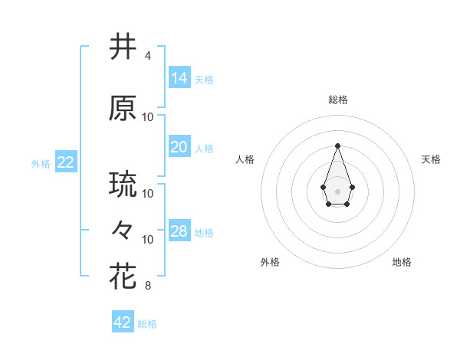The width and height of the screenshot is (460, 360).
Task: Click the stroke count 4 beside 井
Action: [x=147, y=57]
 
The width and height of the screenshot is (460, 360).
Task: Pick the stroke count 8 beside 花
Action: [x=147, y=286]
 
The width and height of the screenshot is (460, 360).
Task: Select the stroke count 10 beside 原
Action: [x=148, y=117]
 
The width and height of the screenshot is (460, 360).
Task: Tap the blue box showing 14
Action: [x=179, y=78]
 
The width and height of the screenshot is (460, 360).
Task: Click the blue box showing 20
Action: [x=179, y=147]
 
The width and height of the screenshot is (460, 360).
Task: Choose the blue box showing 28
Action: [x=179, y=231]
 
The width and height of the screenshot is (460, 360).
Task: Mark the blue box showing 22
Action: [x=65, y=162]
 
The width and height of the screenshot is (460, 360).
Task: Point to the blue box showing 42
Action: [x=123, y=322]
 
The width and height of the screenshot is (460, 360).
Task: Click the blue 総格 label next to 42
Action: [x=148, y=324]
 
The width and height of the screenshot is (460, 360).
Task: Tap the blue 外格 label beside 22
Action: [x=41, y=164]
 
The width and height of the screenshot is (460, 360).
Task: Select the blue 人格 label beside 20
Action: [x=204, y=149]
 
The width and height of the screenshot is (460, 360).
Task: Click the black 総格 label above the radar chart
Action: [x=338, y=100]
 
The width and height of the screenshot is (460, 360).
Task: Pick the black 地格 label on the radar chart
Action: [x=402, y=262]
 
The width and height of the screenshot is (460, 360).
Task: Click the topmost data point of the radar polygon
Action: [x=337, y=146]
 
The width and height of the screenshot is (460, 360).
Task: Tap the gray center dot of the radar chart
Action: [x=337, y=191]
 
